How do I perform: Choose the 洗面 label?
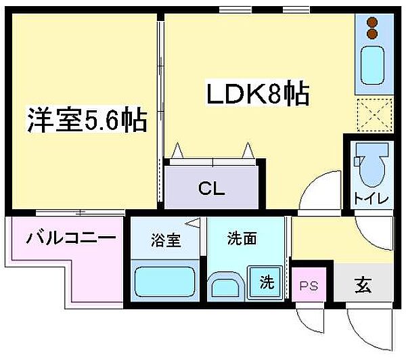tap(242, 238)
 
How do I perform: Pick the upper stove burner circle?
tap(371, 21)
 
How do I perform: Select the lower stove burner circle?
tap(371, 34)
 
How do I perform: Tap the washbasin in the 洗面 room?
tap(227, 286)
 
